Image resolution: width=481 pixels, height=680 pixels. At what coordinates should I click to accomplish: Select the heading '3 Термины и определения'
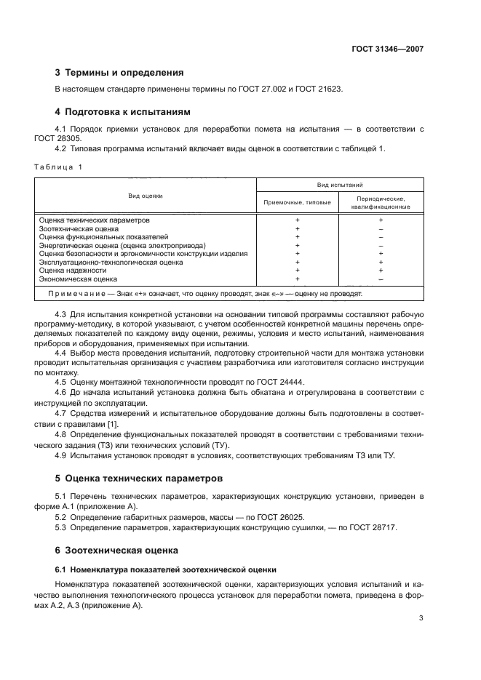(119, 73)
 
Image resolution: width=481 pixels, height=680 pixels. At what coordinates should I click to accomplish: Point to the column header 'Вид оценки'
(146, 196)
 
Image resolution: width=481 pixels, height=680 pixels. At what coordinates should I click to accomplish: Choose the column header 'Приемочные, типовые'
(297, 201)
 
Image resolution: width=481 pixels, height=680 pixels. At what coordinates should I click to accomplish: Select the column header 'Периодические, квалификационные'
(381, 201)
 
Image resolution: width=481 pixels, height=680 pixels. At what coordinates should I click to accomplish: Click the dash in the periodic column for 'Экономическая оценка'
(381, 279)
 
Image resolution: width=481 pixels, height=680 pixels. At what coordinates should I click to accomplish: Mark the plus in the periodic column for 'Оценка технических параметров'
(381, 220)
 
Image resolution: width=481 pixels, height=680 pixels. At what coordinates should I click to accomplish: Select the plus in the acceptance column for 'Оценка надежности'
(297, 270)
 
